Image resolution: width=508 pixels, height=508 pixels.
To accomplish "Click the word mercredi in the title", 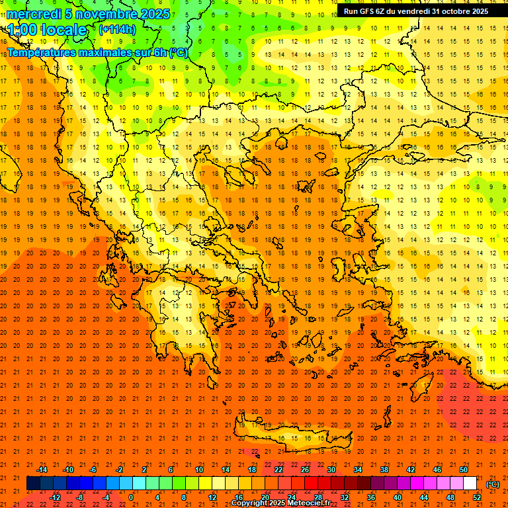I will coord(34,14).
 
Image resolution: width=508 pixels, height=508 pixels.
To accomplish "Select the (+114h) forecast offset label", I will coord(117,29).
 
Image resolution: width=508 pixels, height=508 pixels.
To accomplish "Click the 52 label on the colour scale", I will coord(477,497).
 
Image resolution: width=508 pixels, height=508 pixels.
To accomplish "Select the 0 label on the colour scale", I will coord(131,497).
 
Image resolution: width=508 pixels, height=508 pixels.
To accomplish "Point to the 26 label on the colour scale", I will coord(305,470).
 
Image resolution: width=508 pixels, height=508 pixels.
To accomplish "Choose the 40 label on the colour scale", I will coord(398,497).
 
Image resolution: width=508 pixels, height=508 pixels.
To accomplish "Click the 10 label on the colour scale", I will coord(198,470).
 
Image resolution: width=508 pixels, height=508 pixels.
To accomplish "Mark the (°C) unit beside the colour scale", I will coord(493,484).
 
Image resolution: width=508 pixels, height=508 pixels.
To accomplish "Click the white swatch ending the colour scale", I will coord(470,484).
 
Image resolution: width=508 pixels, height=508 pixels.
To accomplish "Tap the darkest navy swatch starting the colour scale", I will coord(33,484).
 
